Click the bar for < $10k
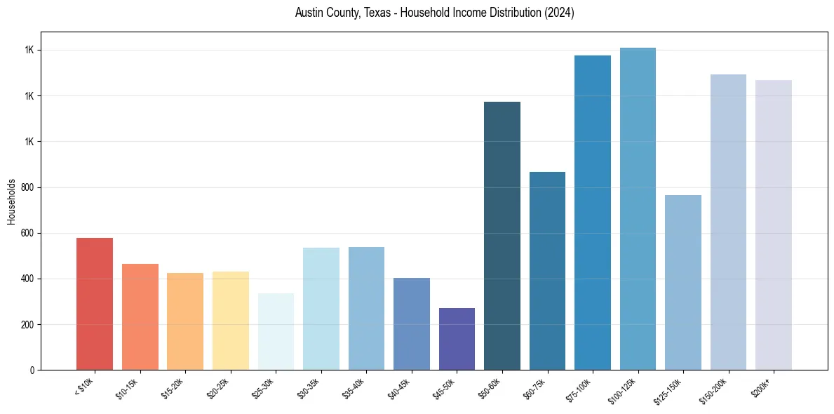click(x=95, y=304)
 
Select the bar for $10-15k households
click(x=140, y=317)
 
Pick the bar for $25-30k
click(x=276, y=332)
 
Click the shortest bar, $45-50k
click(x=457, y=339)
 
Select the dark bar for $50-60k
click(x=502, y=236)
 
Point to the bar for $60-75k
click(x=547, y=271)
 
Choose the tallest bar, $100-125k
click(x=638, y=209)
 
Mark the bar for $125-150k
click(x=683, y=283)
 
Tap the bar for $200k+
click(x=774, y=225)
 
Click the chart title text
click(x=435, y=13)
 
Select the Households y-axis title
click(x=11, y=201)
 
